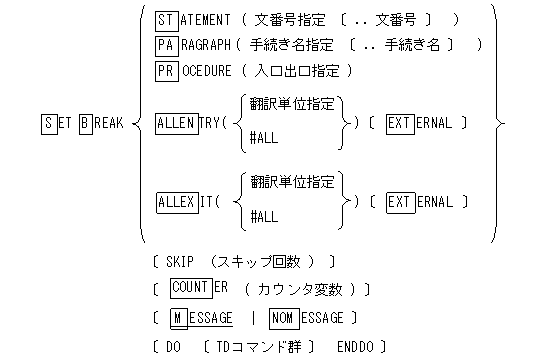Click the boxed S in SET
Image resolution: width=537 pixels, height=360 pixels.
point(49,123)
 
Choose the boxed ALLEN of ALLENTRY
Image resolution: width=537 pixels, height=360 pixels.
point(178,123)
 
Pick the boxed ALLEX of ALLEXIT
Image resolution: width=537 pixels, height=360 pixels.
point(178,201)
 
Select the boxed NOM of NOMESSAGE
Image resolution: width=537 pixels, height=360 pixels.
point(284,318)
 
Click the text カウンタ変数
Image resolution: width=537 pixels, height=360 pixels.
point(306,290)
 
